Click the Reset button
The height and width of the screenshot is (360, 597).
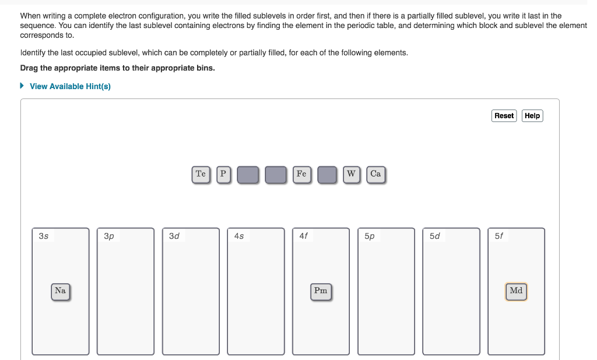pyautogui.click(x=504, y=116)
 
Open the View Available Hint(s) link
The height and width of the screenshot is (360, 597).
pyautogui.click(x=70, y=86)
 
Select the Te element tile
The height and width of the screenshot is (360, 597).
pyautogui.click(x=201, y=174)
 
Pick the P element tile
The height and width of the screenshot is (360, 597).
pyautogui.click(x=223, y=174)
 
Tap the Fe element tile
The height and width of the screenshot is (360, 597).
pyautogui.click(x=301, y=174)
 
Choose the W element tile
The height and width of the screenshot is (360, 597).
pyautogui.click(x=351, y=174)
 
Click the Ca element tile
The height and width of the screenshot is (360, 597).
pyautogui.click(x=375, y=174)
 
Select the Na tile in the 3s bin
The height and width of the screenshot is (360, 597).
pyautogui.click(x=60, y=291)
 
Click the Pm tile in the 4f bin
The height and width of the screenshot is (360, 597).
pyautogui.click(x=321, y=291)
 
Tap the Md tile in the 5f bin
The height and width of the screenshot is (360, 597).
pyautogui.click(x=516, y=291)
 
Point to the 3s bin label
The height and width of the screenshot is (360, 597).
pyautogui.click(x=44, y=237)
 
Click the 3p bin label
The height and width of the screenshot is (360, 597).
pyautogui.click(x=109, y=237)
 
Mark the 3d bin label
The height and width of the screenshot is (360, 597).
pyautogui.click(x=174, y=237)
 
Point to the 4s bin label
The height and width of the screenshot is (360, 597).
pyautogui.click(x=239, y=237)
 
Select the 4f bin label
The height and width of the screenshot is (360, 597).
pyautogui.click(x=304, y=237)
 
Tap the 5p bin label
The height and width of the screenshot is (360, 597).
pyautogui.click(x=370, y=237)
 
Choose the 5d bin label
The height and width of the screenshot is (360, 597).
pyautogui.click(x=435, y=237)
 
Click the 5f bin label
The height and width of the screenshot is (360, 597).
pyautogui.click(x=499, y=237)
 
